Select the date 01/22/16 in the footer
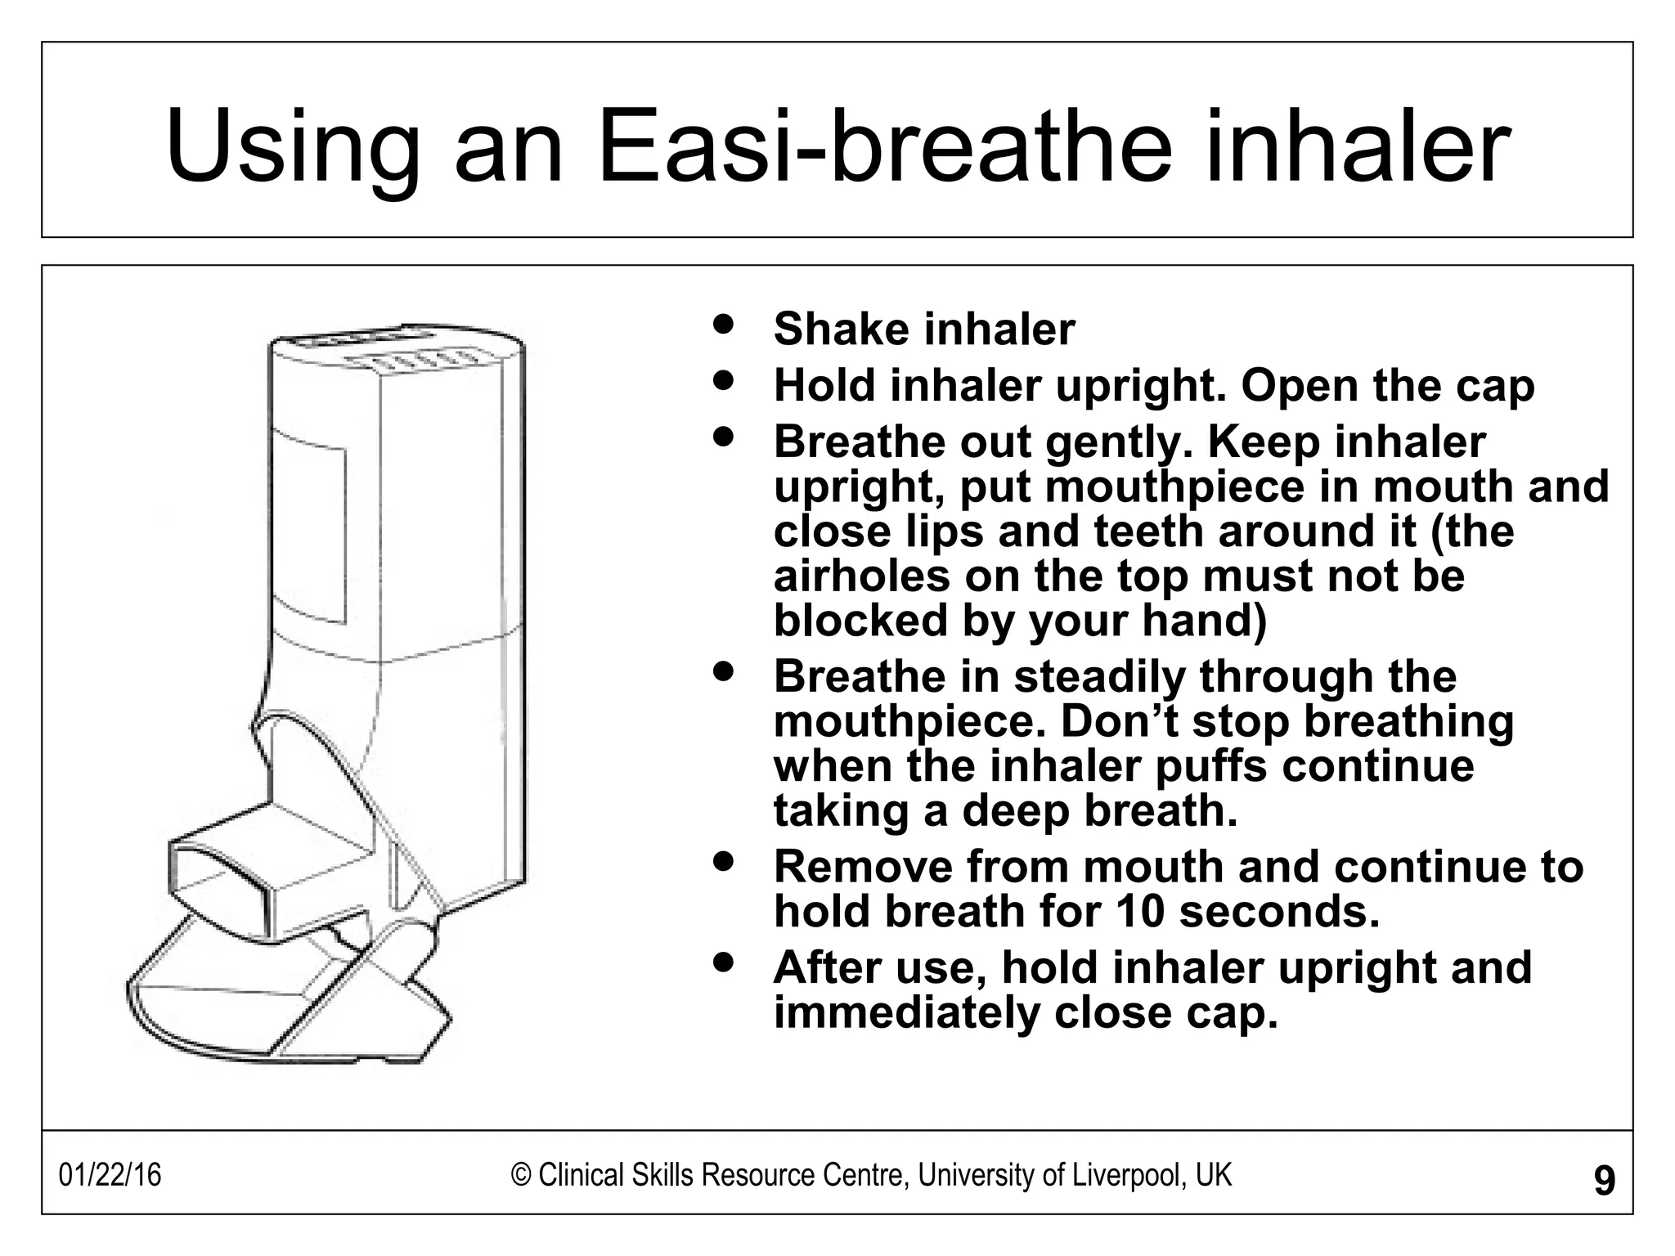click(110, 1176)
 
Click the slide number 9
click(1604, 1181)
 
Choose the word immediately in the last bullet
click(905, 1013)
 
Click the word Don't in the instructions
click(1119, 721)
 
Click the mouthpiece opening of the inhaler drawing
click(218, 881)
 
